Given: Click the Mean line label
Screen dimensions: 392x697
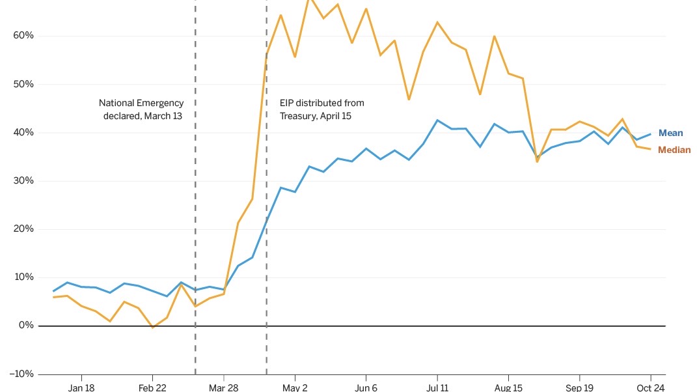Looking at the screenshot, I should tap(670, 133).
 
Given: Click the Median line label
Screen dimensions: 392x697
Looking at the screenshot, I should tap(674, 150).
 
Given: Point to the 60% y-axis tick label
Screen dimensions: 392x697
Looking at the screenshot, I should tap(23, 36).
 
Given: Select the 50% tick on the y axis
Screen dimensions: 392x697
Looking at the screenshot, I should tap(23, 85).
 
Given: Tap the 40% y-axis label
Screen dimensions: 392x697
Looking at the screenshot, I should tap(23, 133).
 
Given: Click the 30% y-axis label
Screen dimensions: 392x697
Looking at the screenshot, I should tap(23, 181).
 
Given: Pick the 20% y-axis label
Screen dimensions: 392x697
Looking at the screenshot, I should tap(23, 229).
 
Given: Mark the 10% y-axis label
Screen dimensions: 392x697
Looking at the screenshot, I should tap(23, 277).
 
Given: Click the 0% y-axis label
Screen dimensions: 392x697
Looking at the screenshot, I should tap(25, 326).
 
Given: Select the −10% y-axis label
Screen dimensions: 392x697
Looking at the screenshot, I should tap(21, 374).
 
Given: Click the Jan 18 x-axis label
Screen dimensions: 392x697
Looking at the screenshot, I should tap(81, 387).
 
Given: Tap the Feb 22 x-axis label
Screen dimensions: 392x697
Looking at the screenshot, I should tap(152, 387).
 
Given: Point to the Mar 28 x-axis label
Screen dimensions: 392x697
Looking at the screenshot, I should tap(223, 387).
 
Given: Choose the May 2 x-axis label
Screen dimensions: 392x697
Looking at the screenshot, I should tap(295, 387).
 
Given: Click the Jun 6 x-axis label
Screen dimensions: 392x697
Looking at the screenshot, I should tap(366, 387).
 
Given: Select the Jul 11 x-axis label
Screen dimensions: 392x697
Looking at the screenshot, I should tap(437, 387).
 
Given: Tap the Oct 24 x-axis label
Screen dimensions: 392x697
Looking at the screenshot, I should tap(649, 387).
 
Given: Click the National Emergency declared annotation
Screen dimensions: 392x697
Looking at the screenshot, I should tap(141, 109).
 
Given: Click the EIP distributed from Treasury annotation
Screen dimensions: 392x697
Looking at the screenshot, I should tap(321, 109).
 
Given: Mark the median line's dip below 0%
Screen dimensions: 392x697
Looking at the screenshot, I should tap(152, 328).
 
